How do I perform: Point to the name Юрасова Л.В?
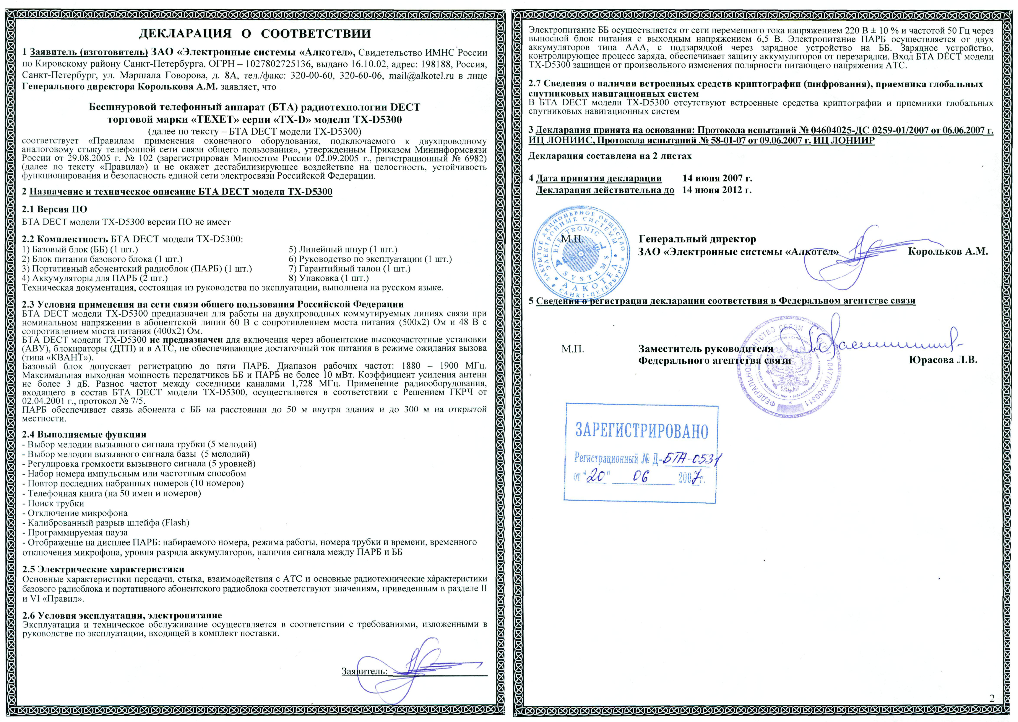point(943,360)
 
